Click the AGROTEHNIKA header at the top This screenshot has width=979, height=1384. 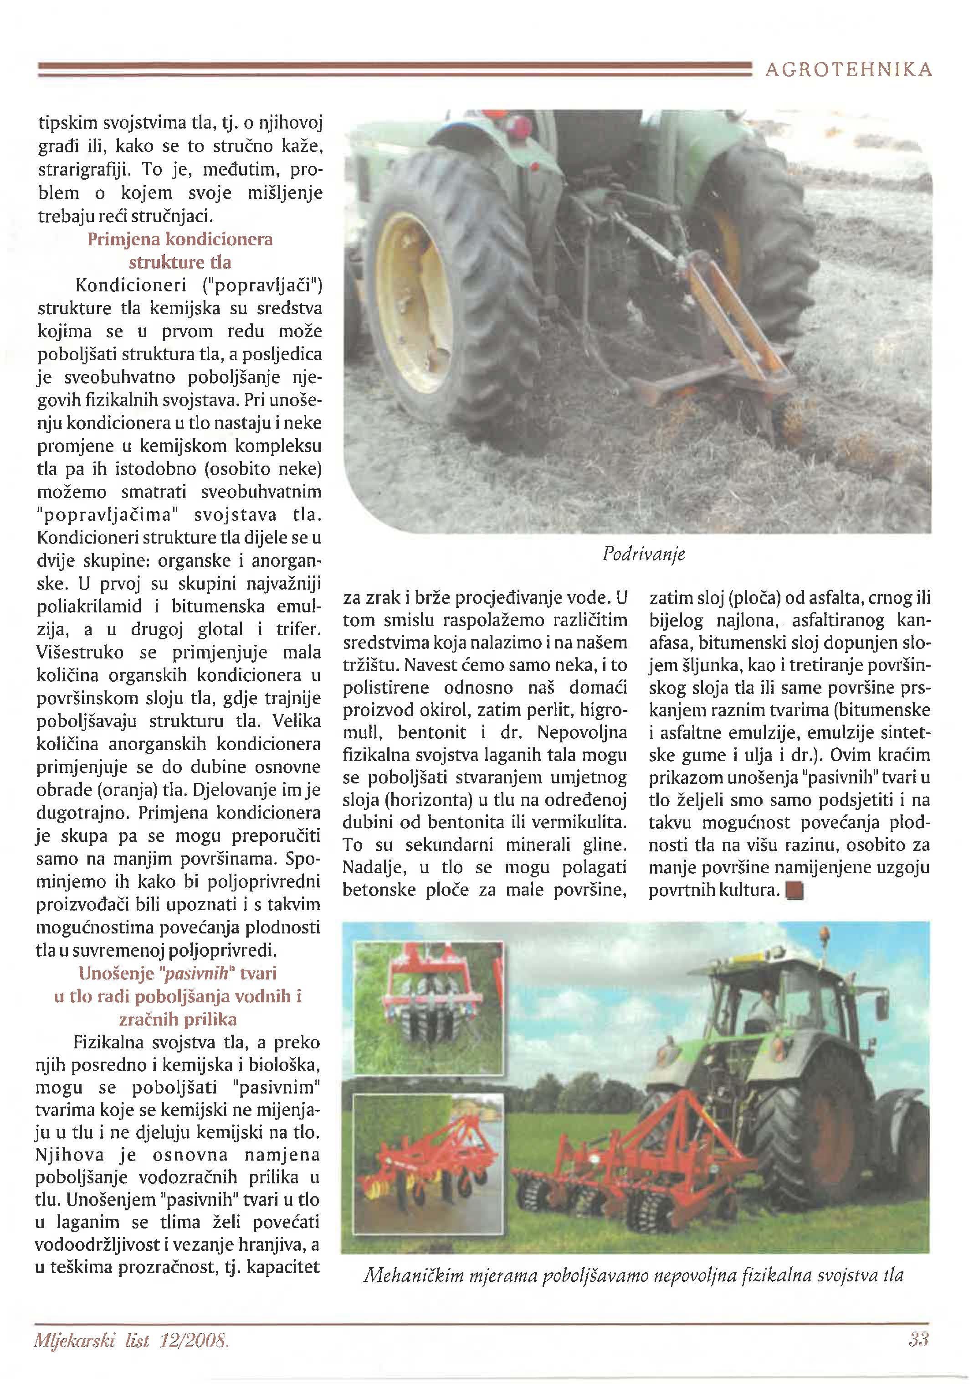pyautogui.click(x=848, y=71)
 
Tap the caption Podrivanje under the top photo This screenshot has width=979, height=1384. pyautogui.click(x=643, y=554)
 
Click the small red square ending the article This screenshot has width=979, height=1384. pyautogui.click(x=795, y=891)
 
